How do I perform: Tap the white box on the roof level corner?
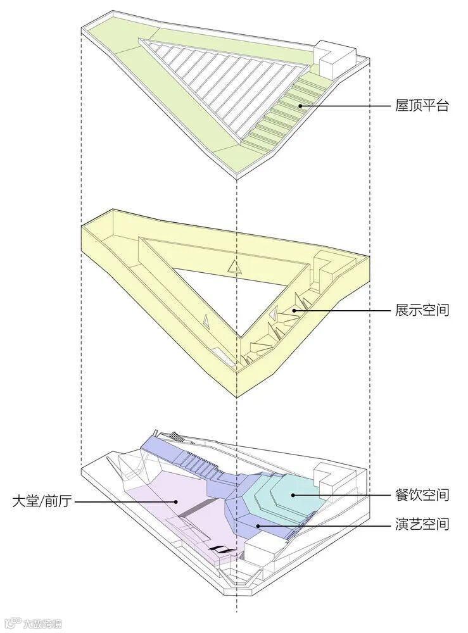(329, 58)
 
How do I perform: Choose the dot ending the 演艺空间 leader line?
(257, 525)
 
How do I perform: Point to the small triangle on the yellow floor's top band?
(234, 267)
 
